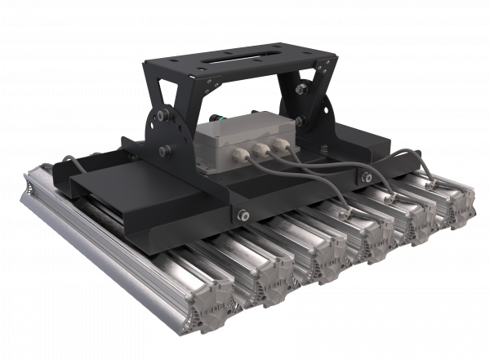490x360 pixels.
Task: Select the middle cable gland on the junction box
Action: [261, 149]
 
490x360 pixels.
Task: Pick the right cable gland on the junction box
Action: [283, 144]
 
